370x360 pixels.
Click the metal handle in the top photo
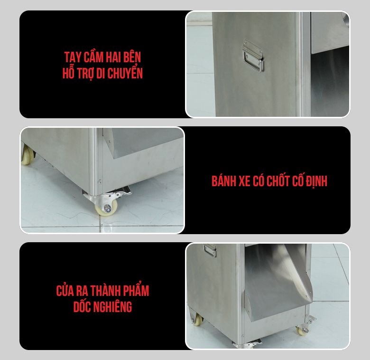[252, 56]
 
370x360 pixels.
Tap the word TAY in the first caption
[72, 57]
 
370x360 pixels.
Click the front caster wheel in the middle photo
[107, 208]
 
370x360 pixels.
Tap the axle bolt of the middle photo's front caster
[108, 208]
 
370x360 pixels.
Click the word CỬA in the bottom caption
[66, 291]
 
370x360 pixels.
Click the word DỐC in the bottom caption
[83, 307]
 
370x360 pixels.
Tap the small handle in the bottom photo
[210, 250]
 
